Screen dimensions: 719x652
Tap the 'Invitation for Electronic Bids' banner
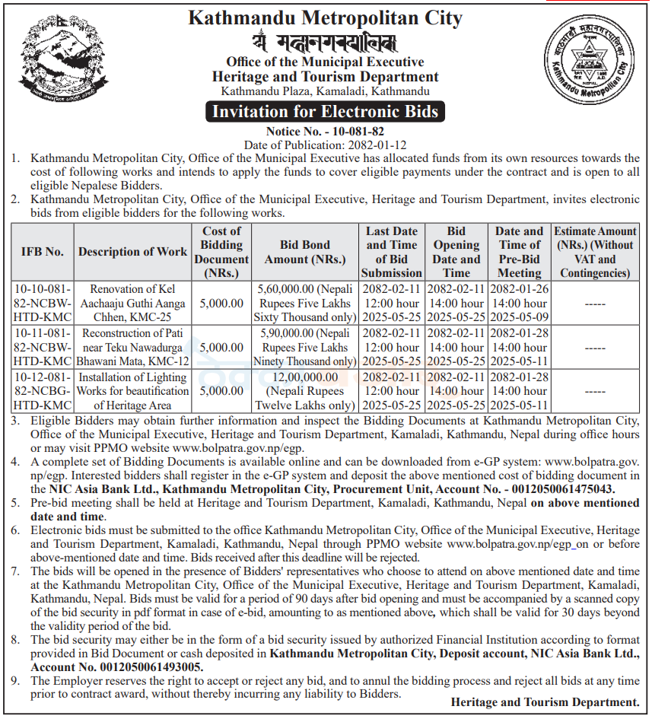(x=325, y=112)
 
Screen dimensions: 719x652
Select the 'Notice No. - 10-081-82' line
(x=325, y=132)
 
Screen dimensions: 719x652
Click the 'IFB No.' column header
(x=43, y=252)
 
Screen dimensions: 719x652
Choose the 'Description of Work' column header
(x=132, y=252)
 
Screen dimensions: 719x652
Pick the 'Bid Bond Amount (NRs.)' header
(x=305, y=252)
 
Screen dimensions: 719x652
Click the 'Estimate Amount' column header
(x=595, y=252)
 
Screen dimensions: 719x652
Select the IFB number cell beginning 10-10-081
(x=43, y=303)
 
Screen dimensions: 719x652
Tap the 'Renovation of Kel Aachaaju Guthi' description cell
(x=132, y=303)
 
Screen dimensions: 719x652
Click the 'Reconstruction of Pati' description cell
(x=132, y=347)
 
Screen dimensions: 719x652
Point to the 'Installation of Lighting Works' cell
(x=132, y=391)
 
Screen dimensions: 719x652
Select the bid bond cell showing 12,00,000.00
(x=305, y=391)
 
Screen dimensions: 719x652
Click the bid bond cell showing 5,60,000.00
(x=305, y=303)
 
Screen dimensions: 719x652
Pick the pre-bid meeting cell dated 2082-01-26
(x=520, y=303)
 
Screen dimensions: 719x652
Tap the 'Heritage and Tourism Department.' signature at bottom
(x=545, y=702)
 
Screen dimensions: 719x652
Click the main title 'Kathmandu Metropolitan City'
(x=325, y=18)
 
